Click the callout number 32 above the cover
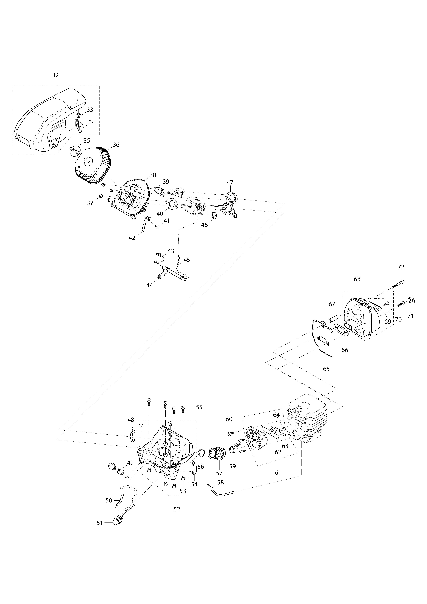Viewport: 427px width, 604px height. click(55, 75)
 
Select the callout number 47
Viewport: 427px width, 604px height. click(230, 182)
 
